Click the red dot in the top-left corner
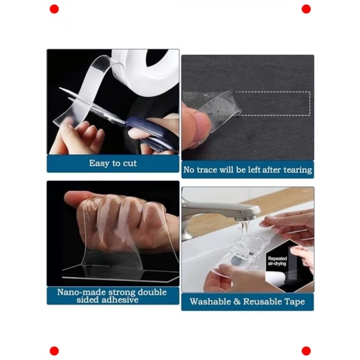54,9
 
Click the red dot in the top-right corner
306,9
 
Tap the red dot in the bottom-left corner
54,351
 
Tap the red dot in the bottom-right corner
306,351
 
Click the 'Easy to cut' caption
113,163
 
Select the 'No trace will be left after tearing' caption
247,169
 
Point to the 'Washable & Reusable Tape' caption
247,301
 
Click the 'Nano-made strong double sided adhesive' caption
113,296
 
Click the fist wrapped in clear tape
121,216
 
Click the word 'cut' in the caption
128,163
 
